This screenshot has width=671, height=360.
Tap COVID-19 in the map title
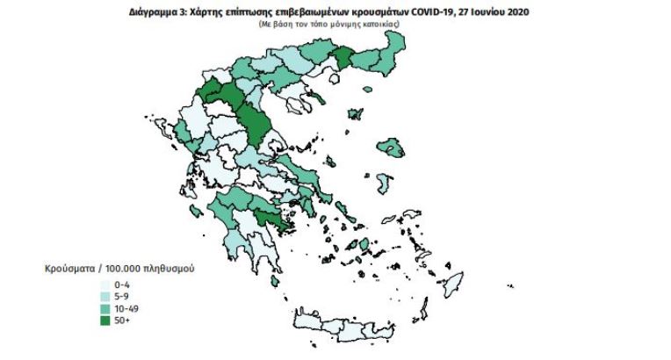pyautogui.click(x=435, y=12)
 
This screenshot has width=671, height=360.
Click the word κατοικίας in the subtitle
pyautogui.click(x=379, y=24)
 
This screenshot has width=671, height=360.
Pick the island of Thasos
pyautogui.click(x=321, y=86)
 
